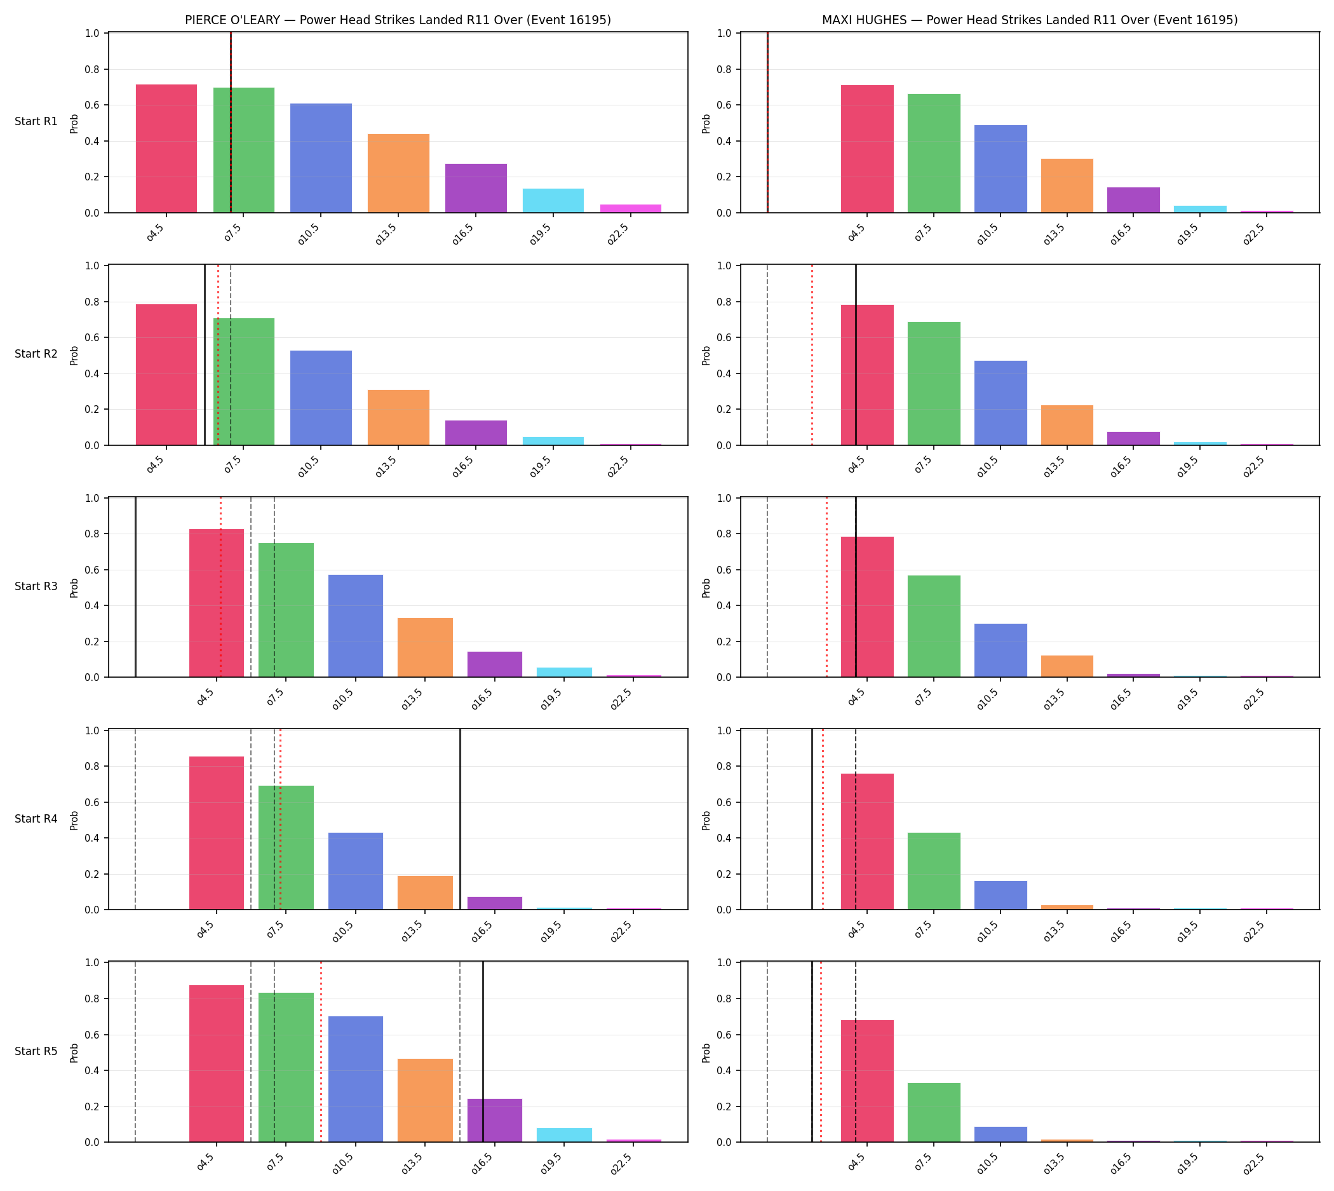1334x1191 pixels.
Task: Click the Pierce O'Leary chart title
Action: (x=397, y=20)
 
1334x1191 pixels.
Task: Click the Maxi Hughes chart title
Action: (x=1030, y=20)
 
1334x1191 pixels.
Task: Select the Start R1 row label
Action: (x=36, y=122)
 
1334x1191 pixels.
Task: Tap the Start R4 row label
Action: (x=36, y=819)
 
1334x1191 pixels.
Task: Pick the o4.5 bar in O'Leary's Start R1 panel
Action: (x=166, y=149)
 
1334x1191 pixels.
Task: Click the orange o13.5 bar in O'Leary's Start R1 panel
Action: (x=399, y=173)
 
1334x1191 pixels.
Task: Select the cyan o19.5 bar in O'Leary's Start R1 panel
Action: (x=553, y=201)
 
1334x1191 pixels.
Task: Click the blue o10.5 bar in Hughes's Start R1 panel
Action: (x=1000, y=169)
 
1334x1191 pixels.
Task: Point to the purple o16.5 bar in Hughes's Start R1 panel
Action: (x=1133, y=200)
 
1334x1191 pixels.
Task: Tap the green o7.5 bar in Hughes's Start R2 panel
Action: (x=933, y=384)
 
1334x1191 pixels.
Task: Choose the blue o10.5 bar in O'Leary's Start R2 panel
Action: (x=321, y=398)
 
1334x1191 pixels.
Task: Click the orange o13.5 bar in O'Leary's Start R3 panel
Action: (x=425, y=648)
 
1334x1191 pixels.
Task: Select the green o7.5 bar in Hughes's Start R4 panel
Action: (x=933, y=871)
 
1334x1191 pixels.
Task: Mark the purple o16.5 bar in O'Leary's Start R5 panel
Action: (x=495, y=1120)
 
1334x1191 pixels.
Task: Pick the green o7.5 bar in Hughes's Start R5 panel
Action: (x=933, y=1112)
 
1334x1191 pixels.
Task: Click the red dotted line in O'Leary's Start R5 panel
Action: (x=321, y=1052)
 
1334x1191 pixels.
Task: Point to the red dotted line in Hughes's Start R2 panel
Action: (x=812, y=355)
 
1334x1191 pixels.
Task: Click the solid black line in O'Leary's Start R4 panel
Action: (x=460, y=819)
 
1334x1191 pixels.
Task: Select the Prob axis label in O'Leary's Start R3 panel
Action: (x=74, y=588)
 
